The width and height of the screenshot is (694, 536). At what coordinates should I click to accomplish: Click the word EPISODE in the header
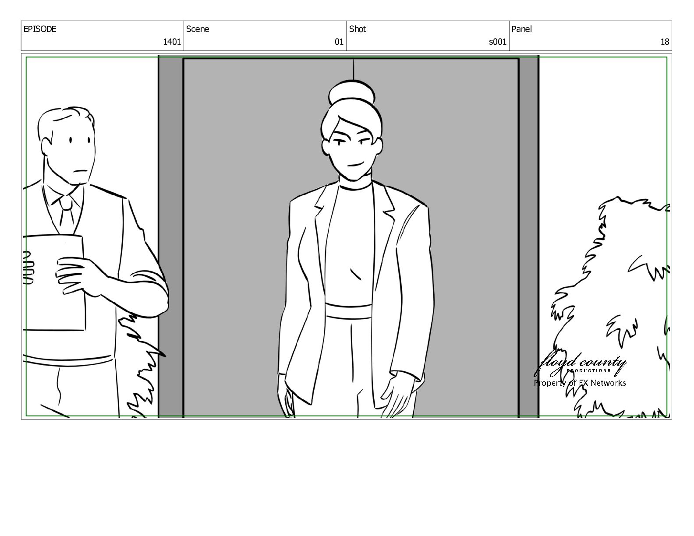[39, 29]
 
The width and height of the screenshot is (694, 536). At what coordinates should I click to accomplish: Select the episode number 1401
[172, 42]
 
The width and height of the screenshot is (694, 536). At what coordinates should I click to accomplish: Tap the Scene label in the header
[197, 29]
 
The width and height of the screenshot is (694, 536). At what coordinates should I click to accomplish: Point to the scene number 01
[339, 42]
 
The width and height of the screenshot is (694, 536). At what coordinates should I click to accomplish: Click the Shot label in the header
[358, 29]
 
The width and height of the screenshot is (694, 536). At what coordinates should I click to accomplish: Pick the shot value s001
[498, 42]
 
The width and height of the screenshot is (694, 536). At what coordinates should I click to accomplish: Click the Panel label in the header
[521, 29]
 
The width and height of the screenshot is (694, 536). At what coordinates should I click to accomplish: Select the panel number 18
[665, 42]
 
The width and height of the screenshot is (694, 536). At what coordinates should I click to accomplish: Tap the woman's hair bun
[352, 92]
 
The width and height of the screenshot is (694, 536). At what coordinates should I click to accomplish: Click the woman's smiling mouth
[355, 165]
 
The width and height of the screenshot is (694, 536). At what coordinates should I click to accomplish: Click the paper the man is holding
[54, 282]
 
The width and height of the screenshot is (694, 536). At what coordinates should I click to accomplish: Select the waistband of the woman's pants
[348, 311]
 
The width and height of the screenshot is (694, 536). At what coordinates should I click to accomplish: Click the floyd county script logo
[580, 364]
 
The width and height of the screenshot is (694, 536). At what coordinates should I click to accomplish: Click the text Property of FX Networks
[580, 383]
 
